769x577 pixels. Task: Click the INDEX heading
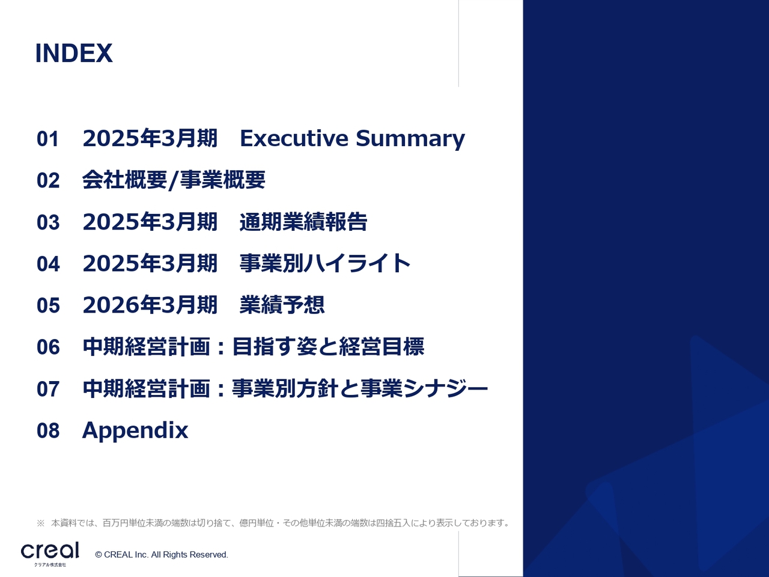74,53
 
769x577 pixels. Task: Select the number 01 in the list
48,139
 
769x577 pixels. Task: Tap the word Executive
294,138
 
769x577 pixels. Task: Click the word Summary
410,139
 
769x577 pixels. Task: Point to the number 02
48,180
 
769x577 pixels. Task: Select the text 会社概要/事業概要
174,180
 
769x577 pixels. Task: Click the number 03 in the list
48,222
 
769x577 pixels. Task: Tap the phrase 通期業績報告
303,222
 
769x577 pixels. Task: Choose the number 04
48,264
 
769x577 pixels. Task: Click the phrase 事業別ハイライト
325,263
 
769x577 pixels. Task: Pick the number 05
48,305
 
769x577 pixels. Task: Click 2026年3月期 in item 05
150,305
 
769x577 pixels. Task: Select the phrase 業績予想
282,305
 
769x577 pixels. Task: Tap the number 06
48,347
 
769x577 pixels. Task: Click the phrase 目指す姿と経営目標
328,346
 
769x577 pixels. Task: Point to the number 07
48,389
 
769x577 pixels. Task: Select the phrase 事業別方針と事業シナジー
360,388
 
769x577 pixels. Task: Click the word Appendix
135,430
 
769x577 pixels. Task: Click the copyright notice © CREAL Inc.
162,555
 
